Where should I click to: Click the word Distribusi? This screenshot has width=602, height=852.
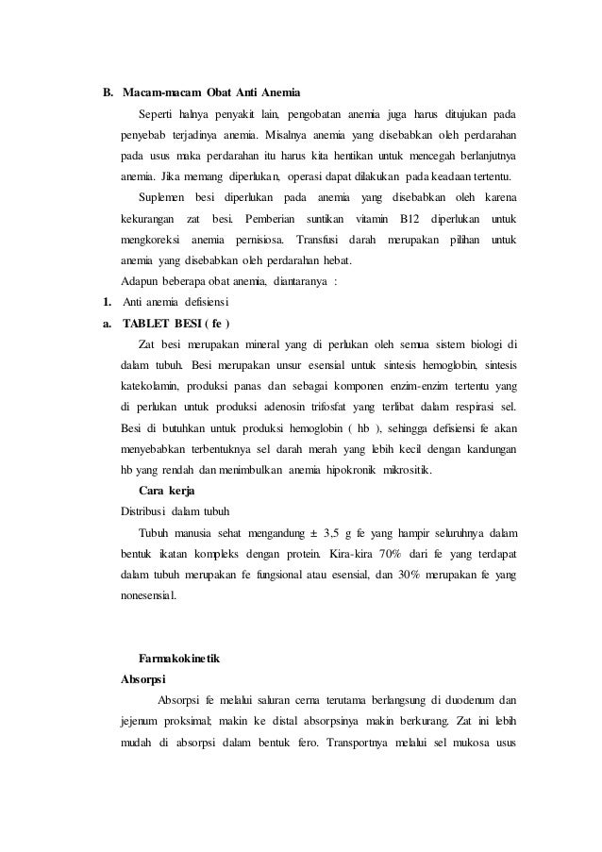[x=147, y=511]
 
